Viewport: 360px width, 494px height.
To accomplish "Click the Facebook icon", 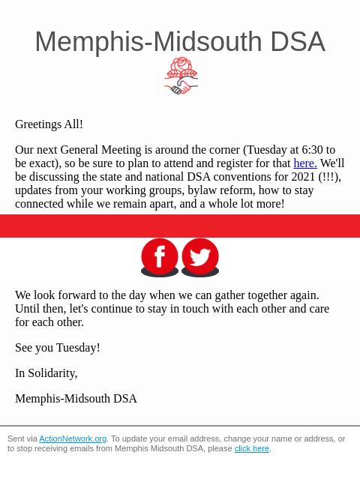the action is point(160,257).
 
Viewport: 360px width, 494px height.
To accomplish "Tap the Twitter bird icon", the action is point(200,257).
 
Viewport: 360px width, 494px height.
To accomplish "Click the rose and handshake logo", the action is point(181,76).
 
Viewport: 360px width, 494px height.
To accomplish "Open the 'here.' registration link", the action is point(304,163).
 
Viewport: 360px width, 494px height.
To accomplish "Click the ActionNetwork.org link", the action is point(73,439).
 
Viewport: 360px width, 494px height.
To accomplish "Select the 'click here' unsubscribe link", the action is point(251,449).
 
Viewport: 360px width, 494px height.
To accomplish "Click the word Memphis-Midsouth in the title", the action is point(148,42).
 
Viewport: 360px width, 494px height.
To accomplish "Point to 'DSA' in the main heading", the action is point(298,42).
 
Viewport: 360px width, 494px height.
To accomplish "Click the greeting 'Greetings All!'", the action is point(49,124).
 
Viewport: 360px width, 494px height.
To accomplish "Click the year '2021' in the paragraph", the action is point(303,177).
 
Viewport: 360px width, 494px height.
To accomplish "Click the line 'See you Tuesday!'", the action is point(57,348).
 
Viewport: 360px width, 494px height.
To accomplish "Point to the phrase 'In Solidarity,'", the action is point(46,373).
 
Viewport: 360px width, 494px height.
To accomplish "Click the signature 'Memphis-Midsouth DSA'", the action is point(76,399).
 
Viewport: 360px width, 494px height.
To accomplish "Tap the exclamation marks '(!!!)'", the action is point(329,177).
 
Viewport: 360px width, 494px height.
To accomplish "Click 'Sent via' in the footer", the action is point(22,439).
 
